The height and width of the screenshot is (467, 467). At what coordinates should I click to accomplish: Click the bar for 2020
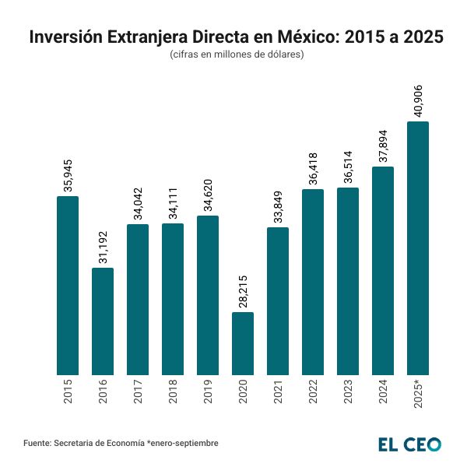click(243, 343)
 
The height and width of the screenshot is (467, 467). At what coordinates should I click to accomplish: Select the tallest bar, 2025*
click(418, 248)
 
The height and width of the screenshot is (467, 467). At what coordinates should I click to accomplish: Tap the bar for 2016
click(103, 321)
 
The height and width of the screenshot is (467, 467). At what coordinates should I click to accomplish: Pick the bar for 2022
click(313, 282)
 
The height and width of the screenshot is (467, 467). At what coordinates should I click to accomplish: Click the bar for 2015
click(68, 285)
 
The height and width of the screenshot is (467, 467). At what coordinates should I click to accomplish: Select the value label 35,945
click(68, 175)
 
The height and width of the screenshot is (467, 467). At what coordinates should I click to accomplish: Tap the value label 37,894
click(384, 146)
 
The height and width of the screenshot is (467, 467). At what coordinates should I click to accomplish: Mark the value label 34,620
click(209, 195)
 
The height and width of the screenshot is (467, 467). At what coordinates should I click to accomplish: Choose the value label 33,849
click(279, 206)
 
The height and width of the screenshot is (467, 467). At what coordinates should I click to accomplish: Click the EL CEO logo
click(409, 444)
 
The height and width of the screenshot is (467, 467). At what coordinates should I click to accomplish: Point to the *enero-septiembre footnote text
click(182, 443)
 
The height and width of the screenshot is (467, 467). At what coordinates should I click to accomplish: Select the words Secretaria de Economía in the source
click(99, 443)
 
